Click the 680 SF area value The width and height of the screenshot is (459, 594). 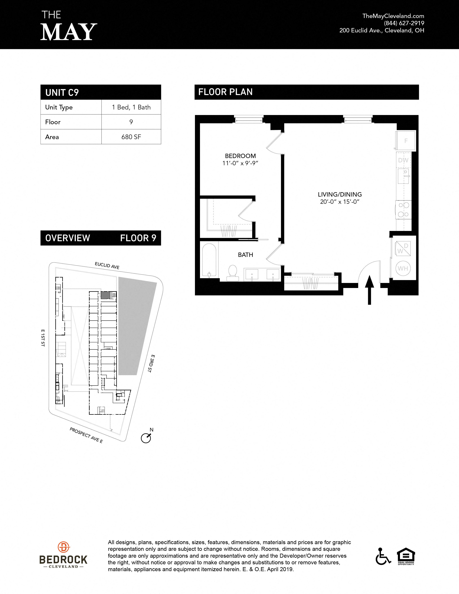click(x=131, y=137)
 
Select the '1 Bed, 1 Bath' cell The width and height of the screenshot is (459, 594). click(x=131, y=107)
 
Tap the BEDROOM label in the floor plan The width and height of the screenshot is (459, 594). click(x=240, y=156)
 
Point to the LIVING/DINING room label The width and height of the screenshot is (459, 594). click(x=340, y=194)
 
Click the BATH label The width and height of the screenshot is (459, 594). click(x=245, y=255)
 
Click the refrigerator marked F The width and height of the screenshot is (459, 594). click(x=405, y=141)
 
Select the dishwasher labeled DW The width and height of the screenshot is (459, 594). click(x=403, y=160)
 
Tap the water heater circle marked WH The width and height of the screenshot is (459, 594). click(x=403, y=268)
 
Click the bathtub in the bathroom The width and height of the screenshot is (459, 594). click(x=209, y=260)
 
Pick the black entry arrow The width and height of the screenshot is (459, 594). click(x=369, y=290)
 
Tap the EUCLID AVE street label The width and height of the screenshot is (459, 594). click(x=107, y=265)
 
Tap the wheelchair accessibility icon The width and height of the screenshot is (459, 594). click(x=383, y=556)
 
